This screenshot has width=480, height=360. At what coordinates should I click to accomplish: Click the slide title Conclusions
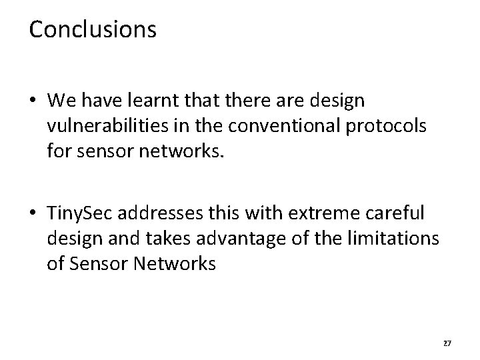click(x=93, y=29)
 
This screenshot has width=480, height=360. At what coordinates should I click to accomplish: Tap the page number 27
click(x=447, y=343)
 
